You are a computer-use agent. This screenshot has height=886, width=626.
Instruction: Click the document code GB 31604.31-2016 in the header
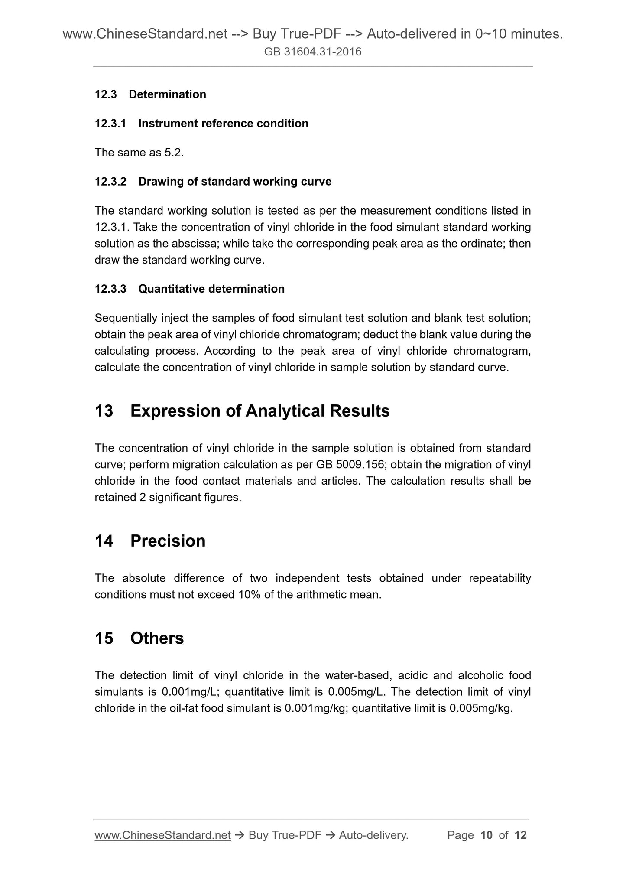313,52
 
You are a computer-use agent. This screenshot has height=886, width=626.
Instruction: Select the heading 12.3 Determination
150,94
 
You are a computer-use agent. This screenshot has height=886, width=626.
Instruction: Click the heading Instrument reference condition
223,124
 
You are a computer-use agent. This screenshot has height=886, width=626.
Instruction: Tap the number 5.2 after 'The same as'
174,153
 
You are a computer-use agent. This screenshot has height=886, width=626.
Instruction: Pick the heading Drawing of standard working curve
235,182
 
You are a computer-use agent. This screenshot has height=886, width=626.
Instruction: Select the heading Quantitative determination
211,289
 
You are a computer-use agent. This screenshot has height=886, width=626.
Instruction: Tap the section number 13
104,411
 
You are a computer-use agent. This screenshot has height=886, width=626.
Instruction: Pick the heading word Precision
168,541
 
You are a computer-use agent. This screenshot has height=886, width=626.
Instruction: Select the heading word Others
157,638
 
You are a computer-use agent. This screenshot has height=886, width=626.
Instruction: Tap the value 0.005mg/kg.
480,708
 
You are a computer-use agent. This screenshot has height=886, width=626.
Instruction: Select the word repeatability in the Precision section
500,578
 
